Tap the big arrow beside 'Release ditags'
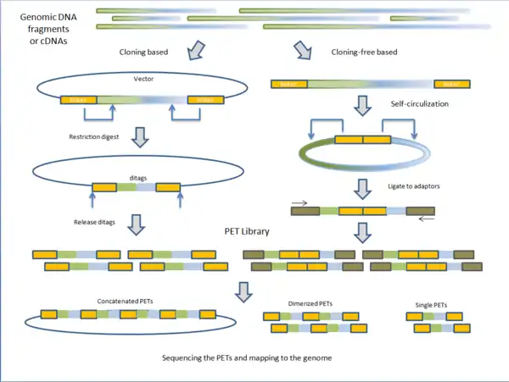[137, 224]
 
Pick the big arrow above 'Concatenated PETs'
[244, 290]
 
